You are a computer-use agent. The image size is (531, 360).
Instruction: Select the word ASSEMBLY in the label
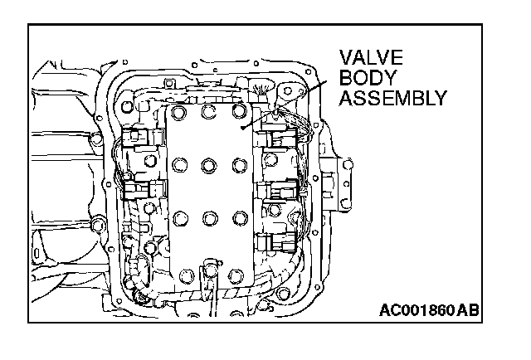coord(392,98)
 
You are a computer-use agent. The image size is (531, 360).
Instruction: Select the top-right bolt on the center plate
coord(239,110)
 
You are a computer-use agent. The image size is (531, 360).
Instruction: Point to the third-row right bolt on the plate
coord(240,217)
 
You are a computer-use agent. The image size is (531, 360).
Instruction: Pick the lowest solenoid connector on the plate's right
coord(276,243)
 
